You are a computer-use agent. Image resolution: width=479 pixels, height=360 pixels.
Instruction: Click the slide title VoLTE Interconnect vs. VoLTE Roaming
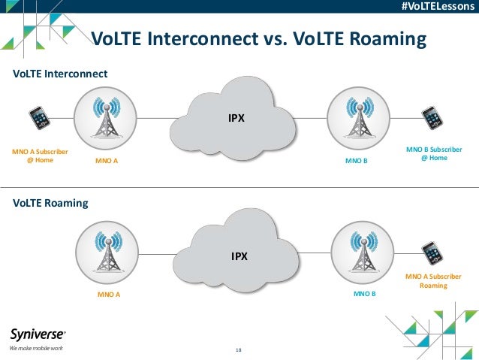coord(258,39)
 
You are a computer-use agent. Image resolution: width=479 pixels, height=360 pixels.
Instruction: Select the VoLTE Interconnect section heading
coord(61,74)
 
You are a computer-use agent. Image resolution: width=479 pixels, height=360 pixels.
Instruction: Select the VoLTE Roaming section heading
coord(51,203)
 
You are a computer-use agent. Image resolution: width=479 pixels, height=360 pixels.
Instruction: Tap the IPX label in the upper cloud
coord(236,118)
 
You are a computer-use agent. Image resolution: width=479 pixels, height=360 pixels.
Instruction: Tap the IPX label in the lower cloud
coord(239,256)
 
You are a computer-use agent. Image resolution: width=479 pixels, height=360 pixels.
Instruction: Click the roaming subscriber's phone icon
coord(431,253)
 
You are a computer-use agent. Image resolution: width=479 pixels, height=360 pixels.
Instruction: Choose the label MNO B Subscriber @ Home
coord(434,153)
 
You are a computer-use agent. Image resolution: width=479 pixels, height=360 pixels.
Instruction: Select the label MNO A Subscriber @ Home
coord(40,156)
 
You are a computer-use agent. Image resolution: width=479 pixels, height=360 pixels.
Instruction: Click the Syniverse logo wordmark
coord(38,334)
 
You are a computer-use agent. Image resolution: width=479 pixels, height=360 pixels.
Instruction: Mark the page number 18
coord(239,350)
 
